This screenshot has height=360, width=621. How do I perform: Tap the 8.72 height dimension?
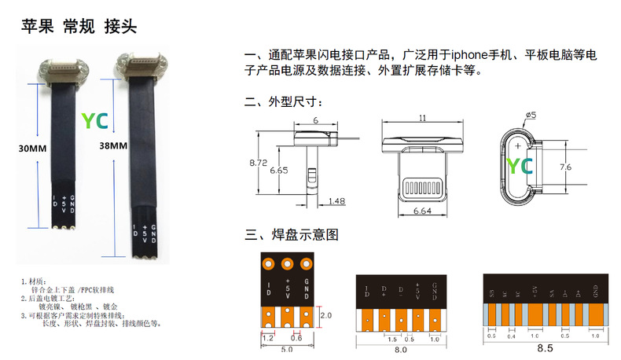259,163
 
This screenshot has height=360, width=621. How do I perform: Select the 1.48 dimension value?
335,201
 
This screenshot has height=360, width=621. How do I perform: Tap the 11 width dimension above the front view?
422,118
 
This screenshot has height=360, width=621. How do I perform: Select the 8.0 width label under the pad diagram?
400,350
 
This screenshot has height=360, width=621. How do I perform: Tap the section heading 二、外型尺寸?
284,102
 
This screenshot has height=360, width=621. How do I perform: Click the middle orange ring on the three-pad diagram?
288,264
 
